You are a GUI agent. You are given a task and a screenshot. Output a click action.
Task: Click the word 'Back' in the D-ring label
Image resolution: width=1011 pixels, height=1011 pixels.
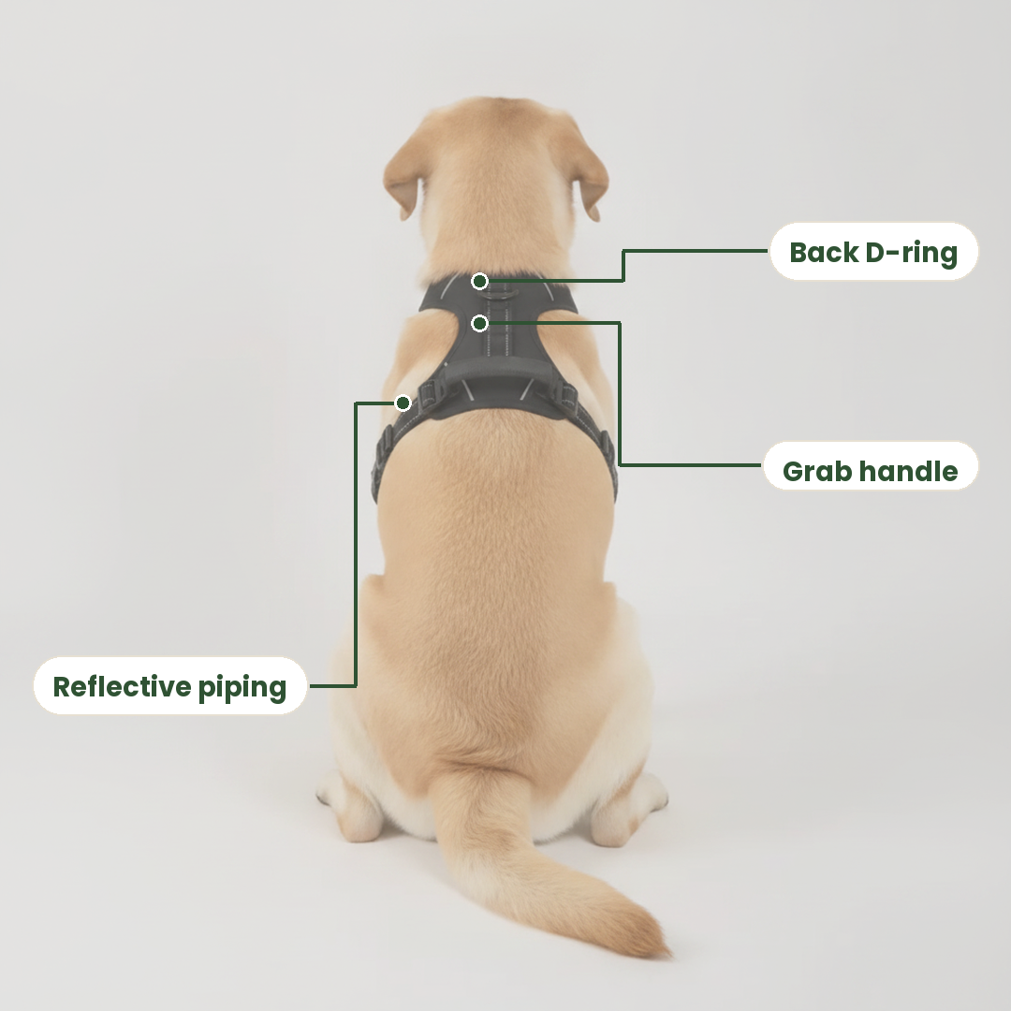pos(824,252)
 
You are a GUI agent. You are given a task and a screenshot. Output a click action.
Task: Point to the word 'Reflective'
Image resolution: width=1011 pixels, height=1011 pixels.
pos(121,687)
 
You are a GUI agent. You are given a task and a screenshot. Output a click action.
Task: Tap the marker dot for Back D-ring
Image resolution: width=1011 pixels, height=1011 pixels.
pos(479,281)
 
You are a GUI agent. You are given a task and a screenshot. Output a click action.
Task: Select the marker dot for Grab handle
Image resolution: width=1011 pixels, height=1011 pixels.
pos(479,323)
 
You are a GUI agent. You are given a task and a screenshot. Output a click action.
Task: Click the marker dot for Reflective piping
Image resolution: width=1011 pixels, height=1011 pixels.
pos(403,403)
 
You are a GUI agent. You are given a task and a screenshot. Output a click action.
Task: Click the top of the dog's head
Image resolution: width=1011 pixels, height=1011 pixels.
pos(496,113)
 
